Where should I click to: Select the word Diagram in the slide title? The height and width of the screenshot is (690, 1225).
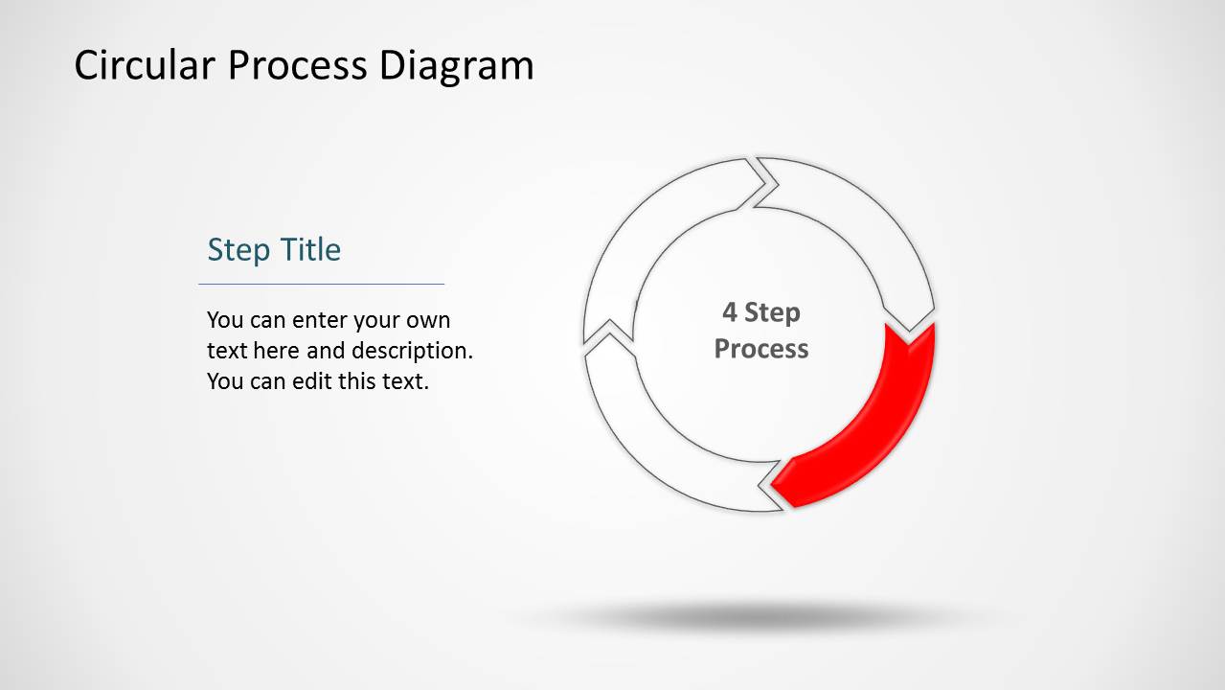click(x=457, y=66)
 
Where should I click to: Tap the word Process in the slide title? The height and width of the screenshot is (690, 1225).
click(x=298, y=66)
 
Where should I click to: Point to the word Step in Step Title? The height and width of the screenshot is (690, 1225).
click(x=238, y=250)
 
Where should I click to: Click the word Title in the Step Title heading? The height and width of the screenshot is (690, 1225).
click(x=308, y=250)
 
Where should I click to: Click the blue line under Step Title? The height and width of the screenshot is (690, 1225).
click(x=321, y=284)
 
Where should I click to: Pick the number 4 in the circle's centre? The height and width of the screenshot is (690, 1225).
click(x=730, y=312)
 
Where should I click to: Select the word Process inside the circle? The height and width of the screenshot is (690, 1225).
click(x=761, y=348)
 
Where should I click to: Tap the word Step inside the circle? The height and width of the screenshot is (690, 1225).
click(x=772, y=312)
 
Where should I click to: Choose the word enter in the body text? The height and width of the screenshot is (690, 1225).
click(x=321, y=320)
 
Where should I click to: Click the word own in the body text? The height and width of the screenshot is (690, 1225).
click(x=428, y=320)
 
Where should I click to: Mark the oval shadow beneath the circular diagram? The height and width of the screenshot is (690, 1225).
click(x=757, y=616)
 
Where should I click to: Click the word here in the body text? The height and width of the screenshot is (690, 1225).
click(x=277, y=351)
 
